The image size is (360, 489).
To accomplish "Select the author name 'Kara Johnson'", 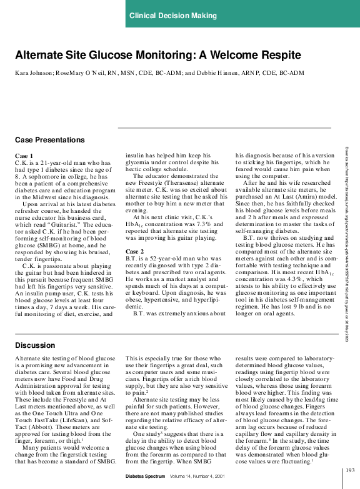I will pos(34,73).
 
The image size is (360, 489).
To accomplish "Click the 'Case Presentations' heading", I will pos(49,140).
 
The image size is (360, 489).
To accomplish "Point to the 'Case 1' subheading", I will pos(24,156).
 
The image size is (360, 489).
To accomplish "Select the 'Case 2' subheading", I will pos(134,269).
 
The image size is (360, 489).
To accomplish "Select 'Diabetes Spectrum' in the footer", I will pos(144,476).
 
